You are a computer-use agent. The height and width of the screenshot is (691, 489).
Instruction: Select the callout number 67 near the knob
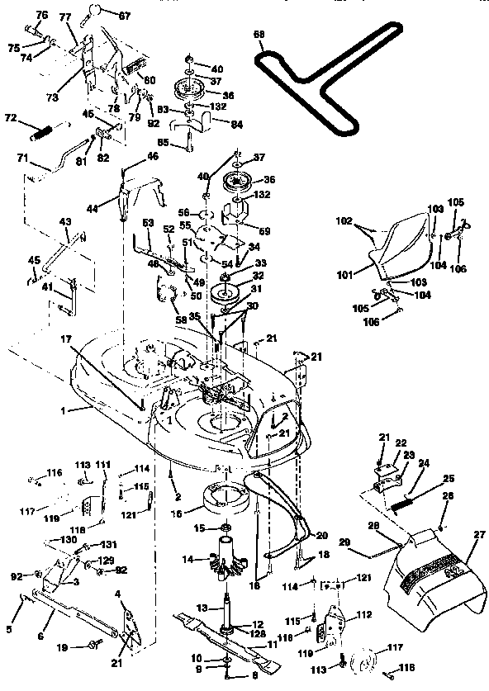point(125,15)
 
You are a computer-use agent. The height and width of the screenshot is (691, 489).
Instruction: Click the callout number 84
point(215,124)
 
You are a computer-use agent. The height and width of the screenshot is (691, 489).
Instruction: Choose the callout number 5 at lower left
point(10,630)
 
